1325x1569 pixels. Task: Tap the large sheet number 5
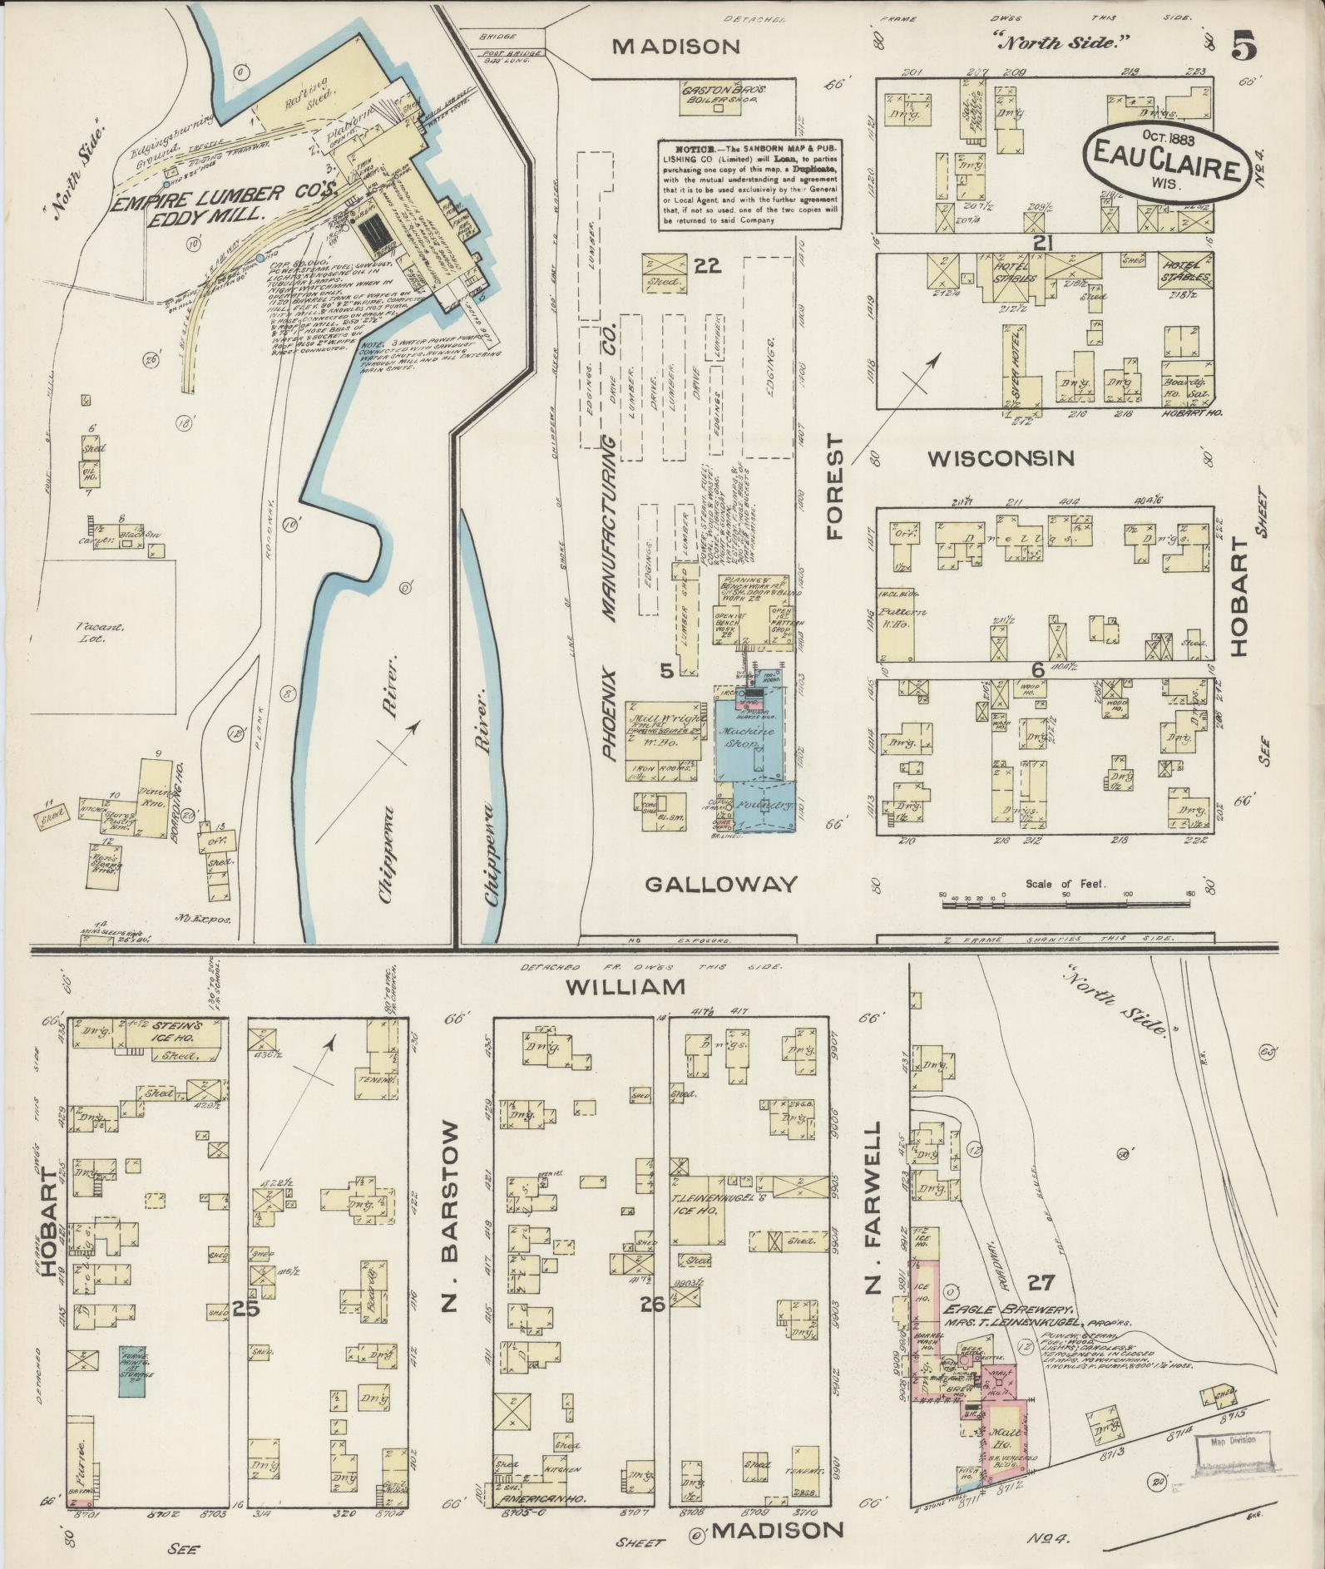click(x=1243, y=46)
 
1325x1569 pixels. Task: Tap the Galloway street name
click(x=720, y=883)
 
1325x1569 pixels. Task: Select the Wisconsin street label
click(x=1001, y=458)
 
